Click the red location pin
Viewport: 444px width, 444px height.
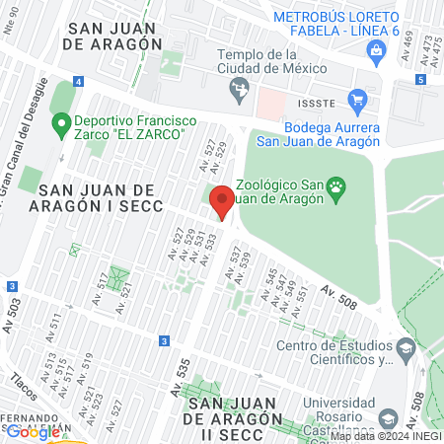tap(222, 202)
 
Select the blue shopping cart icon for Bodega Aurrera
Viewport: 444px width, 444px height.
tap(356, 100)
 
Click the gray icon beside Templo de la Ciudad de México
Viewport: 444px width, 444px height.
tap(238, 91)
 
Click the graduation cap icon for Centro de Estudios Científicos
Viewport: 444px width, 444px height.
tap(405, 347)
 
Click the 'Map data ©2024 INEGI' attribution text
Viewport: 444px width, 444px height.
tap(386, 436)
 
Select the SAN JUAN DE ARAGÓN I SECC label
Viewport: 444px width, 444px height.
tap(97, 197)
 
